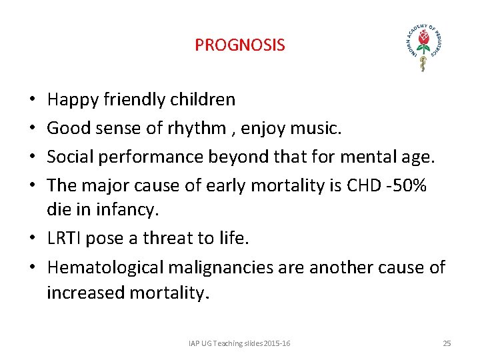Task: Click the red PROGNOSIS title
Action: tap(239, 45)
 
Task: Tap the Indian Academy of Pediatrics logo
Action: tap(424, 45)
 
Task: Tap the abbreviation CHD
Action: tap(365, 184)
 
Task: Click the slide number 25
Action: tap(447, 343)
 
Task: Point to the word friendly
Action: tap(137, 100)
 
